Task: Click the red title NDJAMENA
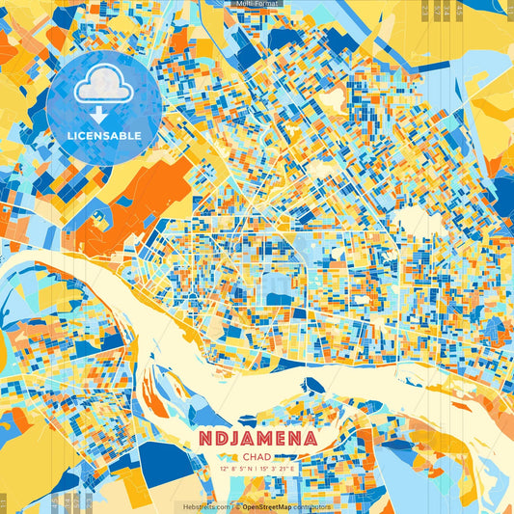coord(257,439)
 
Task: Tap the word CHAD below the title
coord(257,456)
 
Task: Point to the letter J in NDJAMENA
coord(231,439)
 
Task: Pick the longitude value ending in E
coord(282,470)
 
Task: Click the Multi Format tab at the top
coord(257,4)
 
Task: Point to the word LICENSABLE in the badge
coord(103,136)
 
